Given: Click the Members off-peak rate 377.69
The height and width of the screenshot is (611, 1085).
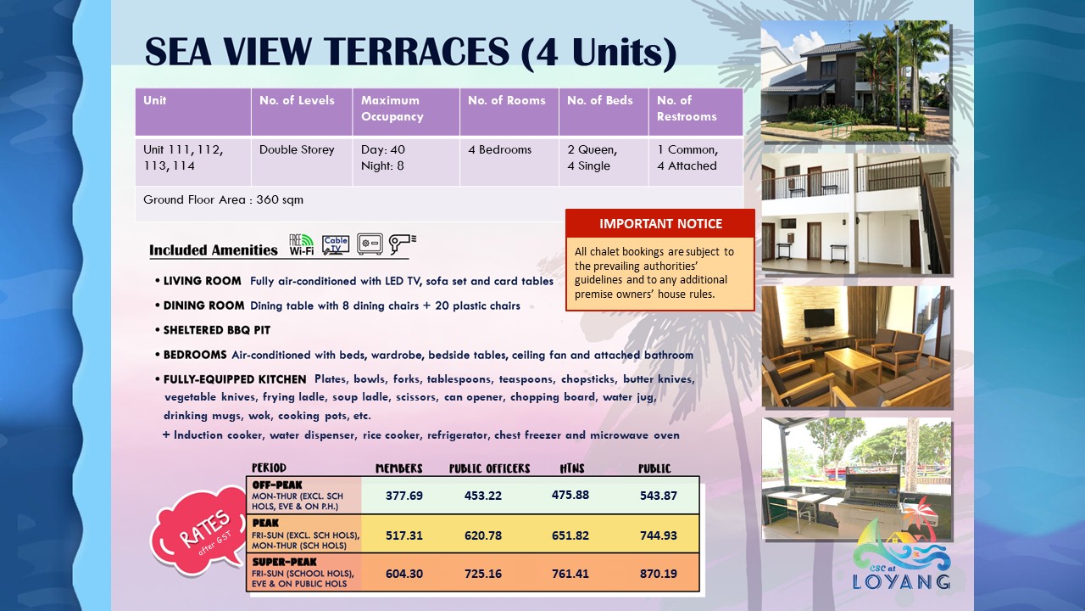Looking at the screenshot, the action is pyautogui.click(x=404, y=496).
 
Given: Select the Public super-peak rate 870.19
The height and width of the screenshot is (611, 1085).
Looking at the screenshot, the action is pyautogui.click(x=659, y=574).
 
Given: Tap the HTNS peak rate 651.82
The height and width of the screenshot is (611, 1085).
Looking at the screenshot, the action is pyautogui.click(x=570, y=535).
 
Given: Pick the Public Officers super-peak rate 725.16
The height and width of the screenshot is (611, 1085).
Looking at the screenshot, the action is pyautogui.click(x=483, y=574).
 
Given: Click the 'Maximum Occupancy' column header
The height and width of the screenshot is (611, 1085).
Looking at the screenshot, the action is pyautogui.click(x=392, y=108).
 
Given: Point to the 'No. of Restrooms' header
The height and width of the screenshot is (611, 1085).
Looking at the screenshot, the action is pyautogui.click(x=687, y=108).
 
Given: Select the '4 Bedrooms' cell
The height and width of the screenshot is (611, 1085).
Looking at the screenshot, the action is pyautogui.click(x=499, y=150).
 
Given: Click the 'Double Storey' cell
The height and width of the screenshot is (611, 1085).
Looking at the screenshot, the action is pyautogui.click(x=297, y=150).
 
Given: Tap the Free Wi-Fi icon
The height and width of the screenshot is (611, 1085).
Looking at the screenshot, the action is pyautogui.click(x=301, y=244).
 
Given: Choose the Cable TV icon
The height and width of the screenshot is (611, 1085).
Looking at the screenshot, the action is pyautogui.click(x=336, y=245).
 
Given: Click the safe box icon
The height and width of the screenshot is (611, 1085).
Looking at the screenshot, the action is pyautogui.click(x=370, y=244).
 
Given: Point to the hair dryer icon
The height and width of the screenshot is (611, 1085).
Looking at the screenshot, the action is pyautogui.click(x=402, y=244).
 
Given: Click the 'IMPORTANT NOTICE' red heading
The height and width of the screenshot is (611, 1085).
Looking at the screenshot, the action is pyautogui.click(x=660, y=223).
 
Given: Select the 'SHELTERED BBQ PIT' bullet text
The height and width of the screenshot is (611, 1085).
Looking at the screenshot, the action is pyautogui.click(x=216, y=330).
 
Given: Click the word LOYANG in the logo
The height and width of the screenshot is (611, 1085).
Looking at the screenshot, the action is pyautogui.click(x=901, y=582).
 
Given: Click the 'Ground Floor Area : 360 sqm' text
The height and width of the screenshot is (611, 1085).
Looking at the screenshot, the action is pyautogui.click(x=223, y=199).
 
